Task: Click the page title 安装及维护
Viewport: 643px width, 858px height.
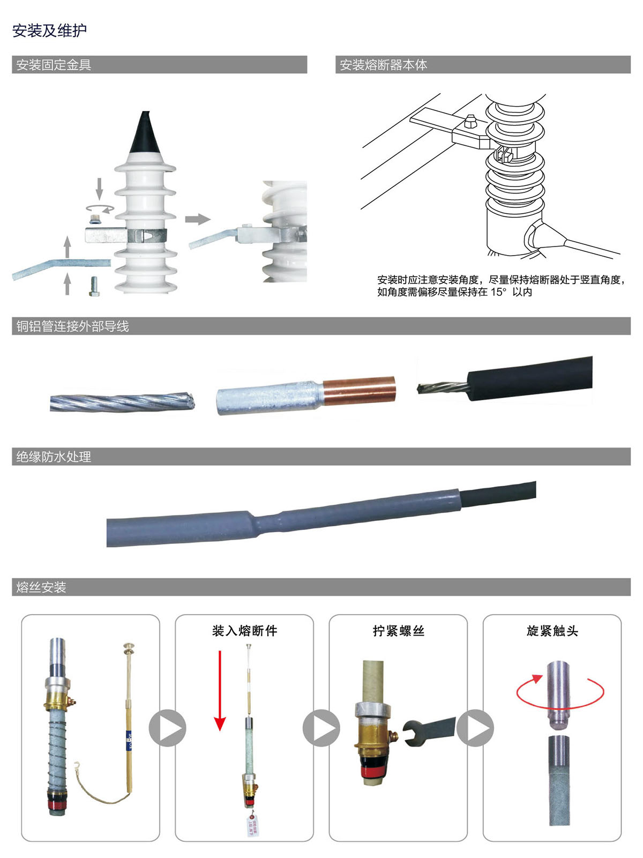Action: [49, 31]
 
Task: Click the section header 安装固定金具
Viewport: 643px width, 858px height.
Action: [54, 65]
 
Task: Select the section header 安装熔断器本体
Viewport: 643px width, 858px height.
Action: [383, 65]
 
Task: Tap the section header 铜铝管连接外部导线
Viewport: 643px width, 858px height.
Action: [72, 326]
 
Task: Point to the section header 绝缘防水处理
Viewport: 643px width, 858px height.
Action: [54, 457]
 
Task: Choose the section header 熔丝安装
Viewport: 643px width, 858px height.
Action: [41, 587]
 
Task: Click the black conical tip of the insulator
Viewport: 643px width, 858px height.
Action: [145, 134]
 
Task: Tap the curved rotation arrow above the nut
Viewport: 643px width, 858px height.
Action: [100, 208]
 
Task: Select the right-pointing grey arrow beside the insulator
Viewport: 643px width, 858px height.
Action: [197, 219]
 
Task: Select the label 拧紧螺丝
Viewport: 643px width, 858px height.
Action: [399, 631]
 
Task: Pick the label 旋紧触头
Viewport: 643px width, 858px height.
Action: [552, 631]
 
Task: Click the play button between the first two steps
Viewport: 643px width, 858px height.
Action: [167, 728]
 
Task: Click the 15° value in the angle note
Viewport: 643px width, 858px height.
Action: [498, 292]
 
